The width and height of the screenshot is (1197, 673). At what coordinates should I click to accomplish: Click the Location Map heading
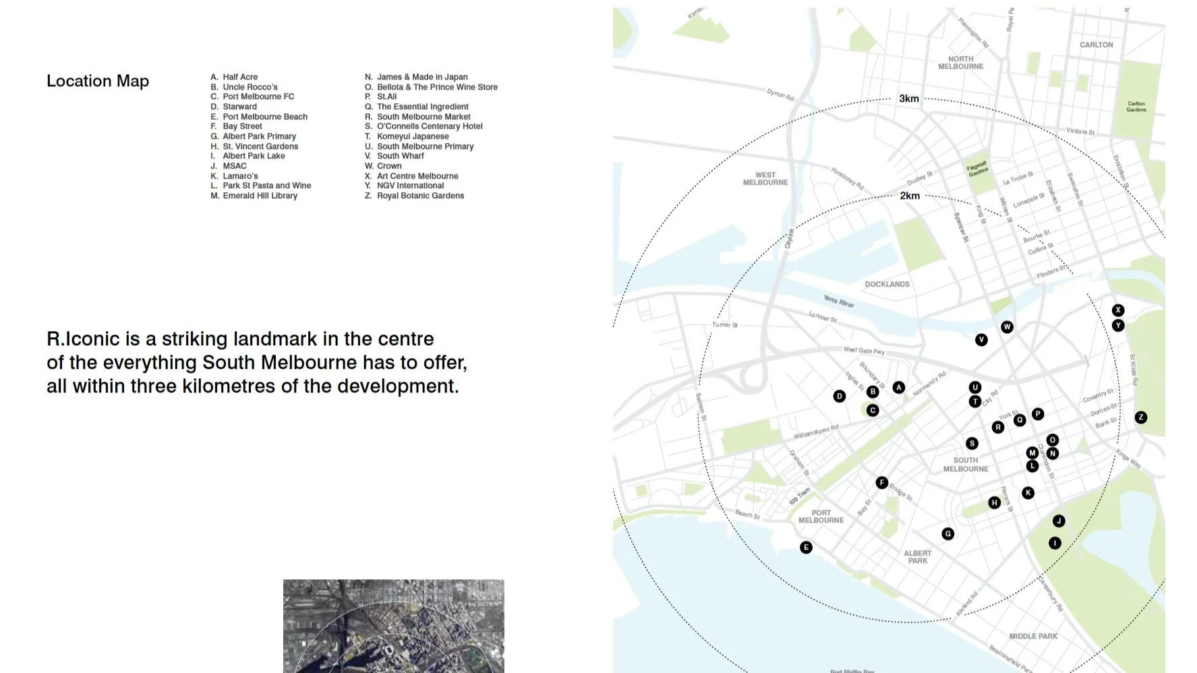tap(98, 81)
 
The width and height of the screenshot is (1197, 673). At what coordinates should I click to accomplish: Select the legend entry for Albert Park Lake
tap(254, 156)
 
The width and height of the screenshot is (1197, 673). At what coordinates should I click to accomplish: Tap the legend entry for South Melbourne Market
tap(423, 117)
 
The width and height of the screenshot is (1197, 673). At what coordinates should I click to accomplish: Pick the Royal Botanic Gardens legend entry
tap(419, 196)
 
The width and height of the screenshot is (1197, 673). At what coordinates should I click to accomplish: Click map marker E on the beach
tap(806, 548)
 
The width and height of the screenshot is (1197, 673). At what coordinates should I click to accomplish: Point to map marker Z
tap(1140, 417)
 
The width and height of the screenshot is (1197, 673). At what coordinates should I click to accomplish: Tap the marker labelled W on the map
tap(1007, 327)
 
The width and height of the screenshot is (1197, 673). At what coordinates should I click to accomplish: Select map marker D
tap(840, 397)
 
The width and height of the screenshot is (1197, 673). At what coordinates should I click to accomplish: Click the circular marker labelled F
tap(881, 483)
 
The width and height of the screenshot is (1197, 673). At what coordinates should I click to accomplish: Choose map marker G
tap(948, 534)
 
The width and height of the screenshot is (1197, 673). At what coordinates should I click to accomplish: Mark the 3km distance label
tap(909, 98)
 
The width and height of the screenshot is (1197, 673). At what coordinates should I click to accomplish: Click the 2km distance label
tap(910, 196)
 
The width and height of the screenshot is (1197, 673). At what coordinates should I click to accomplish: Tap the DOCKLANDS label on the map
tap(887, 284)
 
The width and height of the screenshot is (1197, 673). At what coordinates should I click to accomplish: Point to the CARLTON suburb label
tap(1096, 45)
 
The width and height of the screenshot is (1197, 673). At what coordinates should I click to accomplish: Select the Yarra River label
tap(839, 301)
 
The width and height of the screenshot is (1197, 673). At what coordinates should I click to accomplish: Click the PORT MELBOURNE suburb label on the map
tap(821, 517)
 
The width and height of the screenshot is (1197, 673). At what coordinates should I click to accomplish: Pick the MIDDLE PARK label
tap(1033, 636)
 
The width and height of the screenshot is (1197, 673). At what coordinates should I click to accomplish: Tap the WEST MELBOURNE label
tap(765, 179)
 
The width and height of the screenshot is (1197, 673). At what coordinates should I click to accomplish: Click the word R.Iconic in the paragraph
tap(83, 339)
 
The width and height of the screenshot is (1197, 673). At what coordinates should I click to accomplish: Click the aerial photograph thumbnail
tap(393, 626)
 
